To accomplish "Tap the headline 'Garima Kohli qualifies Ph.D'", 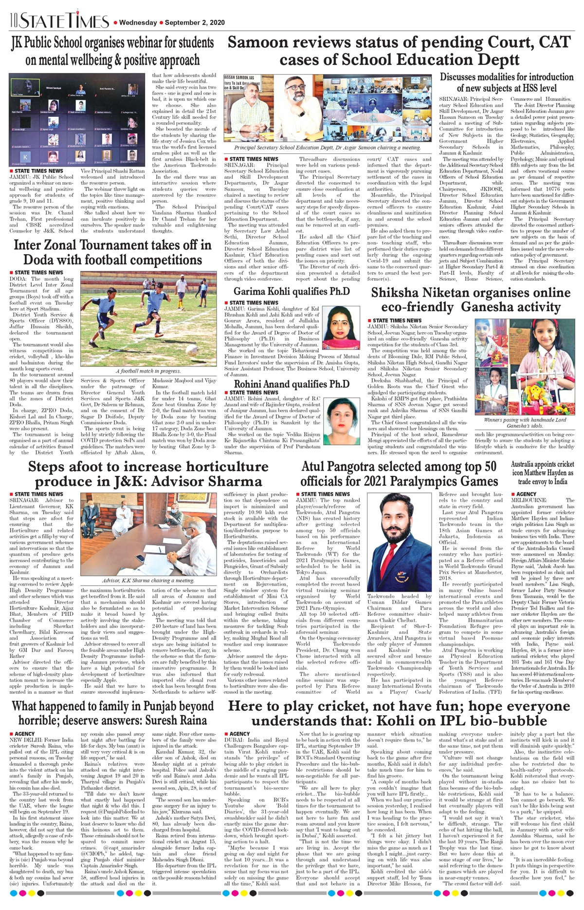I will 292,291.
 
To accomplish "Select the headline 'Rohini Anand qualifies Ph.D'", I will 292,384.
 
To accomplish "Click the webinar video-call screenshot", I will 77,119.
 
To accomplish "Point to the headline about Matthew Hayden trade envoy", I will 542,473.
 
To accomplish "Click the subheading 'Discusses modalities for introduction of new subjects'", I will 507,82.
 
